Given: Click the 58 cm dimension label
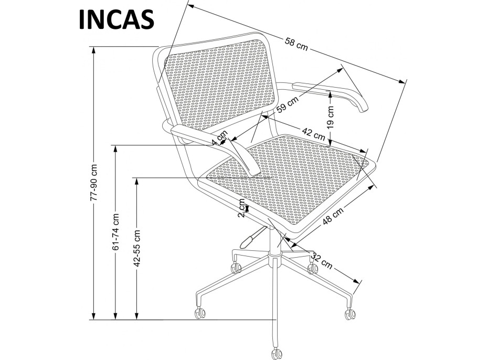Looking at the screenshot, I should pyautogui.click(x=297, y=45).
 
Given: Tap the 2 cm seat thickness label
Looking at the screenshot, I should pyautogui.click(x=242, y=208).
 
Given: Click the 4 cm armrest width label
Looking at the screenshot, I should pyautogui.click(x=220, y=138).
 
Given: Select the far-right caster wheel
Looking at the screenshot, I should pyautogui.click(x=349, y=313).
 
